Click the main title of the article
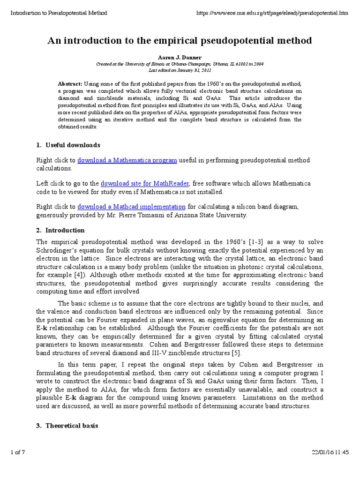pyautogui.click(x=180, y=41)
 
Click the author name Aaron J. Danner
pyautogui.click(x=180, y=57)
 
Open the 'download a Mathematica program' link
pyautogui.click(x=127, y=160)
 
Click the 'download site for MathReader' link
pyautogui.click(x=145, y=183)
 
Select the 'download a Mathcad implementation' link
pyautogui.click(x=131, y=206)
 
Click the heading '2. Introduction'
pyautogui.click(x=60, y=230)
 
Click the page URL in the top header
pyautogui.click(x=276, y=13)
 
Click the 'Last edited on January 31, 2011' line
pyautogui.click(x=180, y=69)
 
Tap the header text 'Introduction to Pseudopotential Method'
pyautogui.click(x=59, y=13)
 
